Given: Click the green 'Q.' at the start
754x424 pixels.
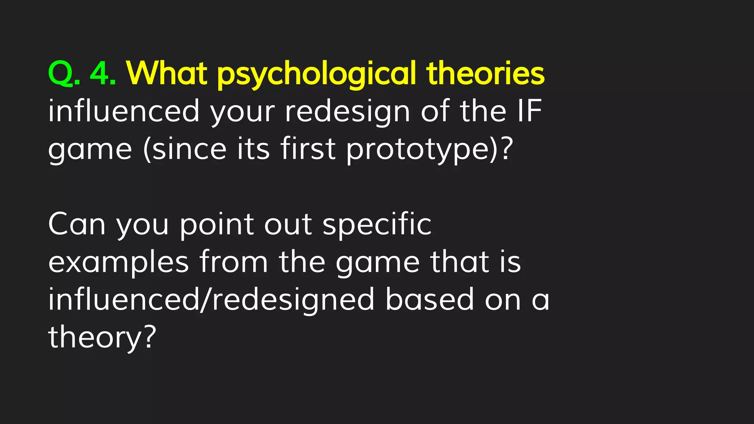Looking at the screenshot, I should [63, 74].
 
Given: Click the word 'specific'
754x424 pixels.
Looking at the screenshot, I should [377, 225].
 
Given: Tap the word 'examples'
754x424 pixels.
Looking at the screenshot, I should [119, 263].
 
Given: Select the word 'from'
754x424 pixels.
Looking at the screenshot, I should [233, 262].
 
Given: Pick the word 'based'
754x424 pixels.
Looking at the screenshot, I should [430, 300].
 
